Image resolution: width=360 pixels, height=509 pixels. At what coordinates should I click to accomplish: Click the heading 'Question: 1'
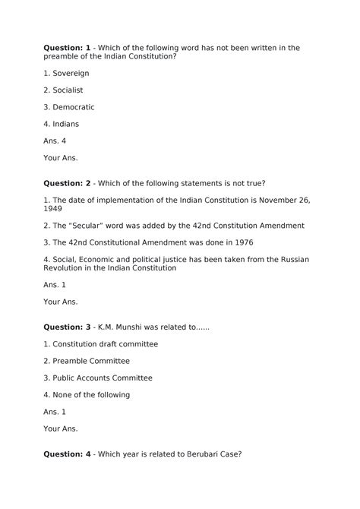pyautogui.click(x=68, y=48)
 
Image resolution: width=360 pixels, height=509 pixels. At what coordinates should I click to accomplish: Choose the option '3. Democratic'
pyautogui.click(x=68, y=107)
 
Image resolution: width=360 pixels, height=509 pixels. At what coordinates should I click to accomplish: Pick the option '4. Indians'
pyautogui.click(x=61, y=124)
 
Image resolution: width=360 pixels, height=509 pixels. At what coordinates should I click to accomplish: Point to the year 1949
pyautogui.click(x=54, y=209)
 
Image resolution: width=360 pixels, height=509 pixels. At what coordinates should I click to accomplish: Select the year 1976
pyautogui.click(x=242, y=242)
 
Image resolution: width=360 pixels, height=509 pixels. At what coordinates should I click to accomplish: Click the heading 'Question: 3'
pyautogui.click(x=68, y=327)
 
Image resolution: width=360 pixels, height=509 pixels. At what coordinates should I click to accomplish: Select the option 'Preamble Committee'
pyautogui.click(x=90, y=361)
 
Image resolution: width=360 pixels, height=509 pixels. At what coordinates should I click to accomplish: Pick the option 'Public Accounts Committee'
pyautogui.click(x=102, y=378)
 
